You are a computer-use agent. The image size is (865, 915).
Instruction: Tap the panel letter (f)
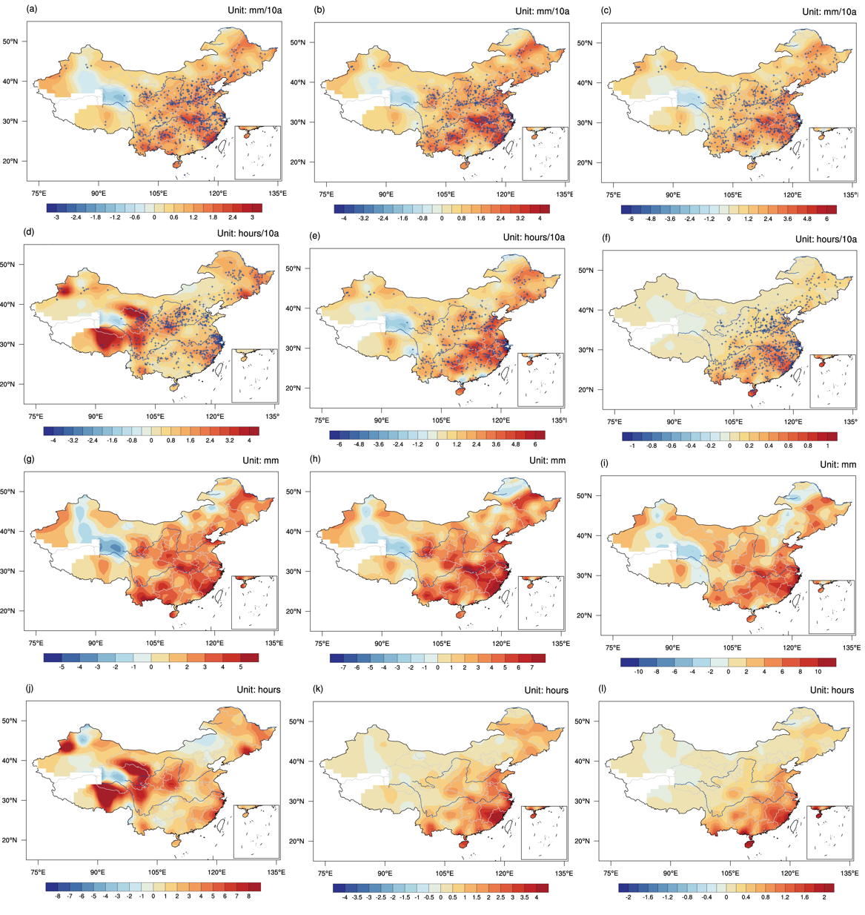[606, 237]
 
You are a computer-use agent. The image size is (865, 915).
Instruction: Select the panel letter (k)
[318, 688]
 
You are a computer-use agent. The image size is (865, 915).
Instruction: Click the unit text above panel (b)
[542, 10]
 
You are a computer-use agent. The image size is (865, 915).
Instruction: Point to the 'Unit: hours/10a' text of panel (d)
[248, 233]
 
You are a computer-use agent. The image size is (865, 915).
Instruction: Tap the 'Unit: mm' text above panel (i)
[838, 464]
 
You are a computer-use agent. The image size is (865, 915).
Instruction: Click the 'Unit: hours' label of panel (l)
[832, 690]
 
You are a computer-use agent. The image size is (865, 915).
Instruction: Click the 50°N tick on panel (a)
[10, 42]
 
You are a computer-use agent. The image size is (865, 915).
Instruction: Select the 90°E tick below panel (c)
[673, 194]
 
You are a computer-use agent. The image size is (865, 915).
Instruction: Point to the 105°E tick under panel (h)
[441, 643]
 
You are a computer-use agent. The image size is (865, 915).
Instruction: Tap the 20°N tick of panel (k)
[296, 841]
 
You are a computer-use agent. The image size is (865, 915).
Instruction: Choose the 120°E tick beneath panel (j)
[216, 872]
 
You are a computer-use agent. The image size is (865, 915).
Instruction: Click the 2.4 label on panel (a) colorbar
[232, 217]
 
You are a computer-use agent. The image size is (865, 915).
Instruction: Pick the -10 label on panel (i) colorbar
[638, 672]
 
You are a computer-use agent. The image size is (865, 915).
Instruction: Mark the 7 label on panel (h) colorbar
[532, 667]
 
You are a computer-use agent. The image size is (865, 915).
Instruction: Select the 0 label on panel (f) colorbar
[729, 446]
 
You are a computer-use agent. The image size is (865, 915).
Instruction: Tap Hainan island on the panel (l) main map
[749, 844]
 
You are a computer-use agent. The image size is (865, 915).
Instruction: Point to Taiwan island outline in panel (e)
[503, 373]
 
